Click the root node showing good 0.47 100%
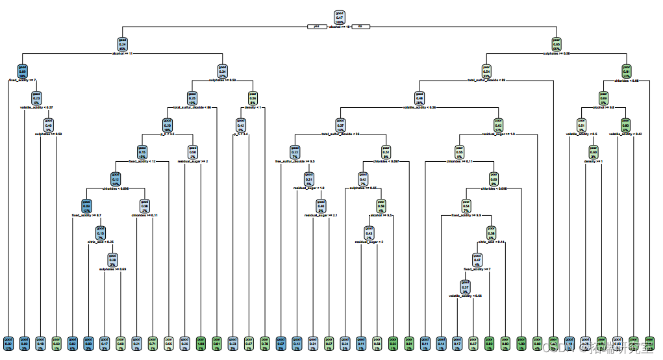coord(339,18)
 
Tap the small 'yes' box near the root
coord(316,27)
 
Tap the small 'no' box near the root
coord(361,27)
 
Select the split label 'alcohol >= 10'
coord(340,27)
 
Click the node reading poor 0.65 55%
coord(557,43)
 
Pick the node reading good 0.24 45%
coord(122,43)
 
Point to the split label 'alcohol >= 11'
coord(122,53)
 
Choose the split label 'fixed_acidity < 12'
coord(140,161)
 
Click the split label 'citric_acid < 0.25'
coord(101,242)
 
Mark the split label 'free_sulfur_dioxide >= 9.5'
coord(295,161)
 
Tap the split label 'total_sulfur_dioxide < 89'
coord(486,80)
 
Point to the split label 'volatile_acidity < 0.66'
coord(465,296)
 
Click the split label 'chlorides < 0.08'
coord(627,81)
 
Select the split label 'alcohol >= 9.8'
coord(603,108)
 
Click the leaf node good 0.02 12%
coord(8,343)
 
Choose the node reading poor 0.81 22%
coord(627,70)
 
